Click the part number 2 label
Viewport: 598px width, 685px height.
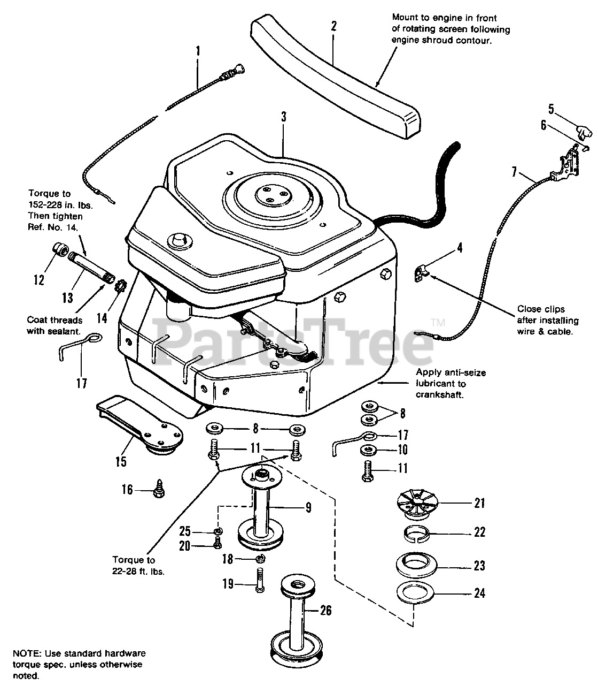pyautogui.click(x=333, y=25)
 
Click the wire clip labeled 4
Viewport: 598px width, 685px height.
pyautogui.click(x=422, y=273)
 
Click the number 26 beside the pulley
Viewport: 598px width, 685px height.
pyautogui.click(x=325, y=610)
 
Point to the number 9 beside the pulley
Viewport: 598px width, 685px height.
pyautogui.click(x=308, y=507)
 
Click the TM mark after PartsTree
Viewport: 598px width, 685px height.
pyautogui.click(x=438, y=323)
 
